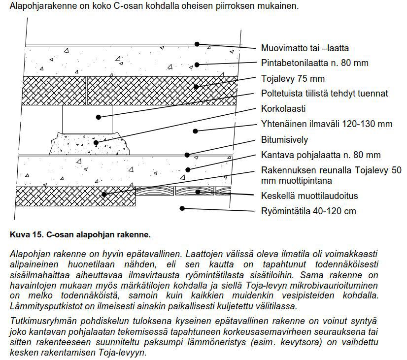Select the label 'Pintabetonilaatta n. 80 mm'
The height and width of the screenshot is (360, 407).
pos(314,63)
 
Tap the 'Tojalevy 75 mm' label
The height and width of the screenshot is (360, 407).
pos(293,78)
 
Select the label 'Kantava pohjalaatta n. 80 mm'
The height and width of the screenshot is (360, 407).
pos(320,155)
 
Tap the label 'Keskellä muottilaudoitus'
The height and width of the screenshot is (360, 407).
pos(309,196)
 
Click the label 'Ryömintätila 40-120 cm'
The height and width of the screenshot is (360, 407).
pos(308,211)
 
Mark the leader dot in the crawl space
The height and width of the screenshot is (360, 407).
pos(182,208)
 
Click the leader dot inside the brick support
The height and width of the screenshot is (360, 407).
pos(99,117)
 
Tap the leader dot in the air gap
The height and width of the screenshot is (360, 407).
pos(196,131)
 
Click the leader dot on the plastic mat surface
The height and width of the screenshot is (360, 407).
pos(197,44)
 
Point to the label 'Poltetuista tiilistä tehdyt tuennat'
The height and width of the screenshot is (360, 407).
pos(324,93)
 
